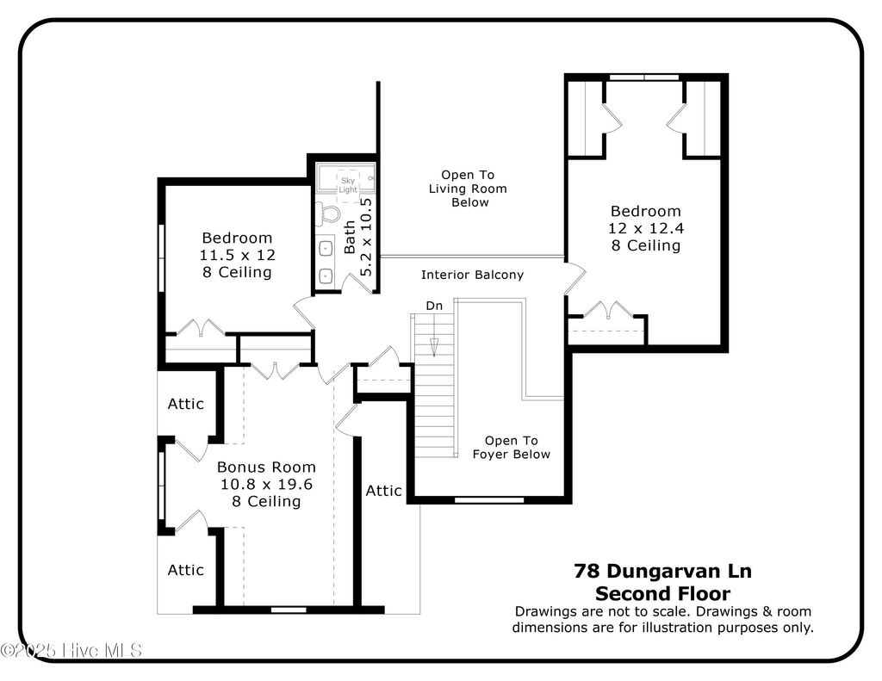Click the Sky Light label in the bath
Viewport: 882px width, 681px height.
pyautogui.click(x=348, y=184)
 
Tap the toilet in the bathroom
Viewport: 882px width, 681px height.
pyautogui.click(x=327, y=212)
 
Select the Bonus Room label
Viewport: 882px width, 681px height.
pyautogui.click(x=265, y=467)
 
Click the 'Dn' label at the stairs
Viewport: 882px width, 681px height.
pyautogui.click(x=434, y=306)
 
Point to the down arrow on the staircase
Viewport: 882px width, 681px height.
pyautogui.click(x=434, y=345)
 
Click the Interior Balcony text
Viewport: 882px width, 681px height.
pyautogui.click(x=472, y=275)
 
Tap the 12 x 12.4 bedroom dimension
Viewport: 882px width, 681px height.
pyautogui.click(x=645, y=228)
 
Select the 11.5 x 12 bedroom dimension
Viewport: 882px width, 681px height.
pyautogui.click(x=236, y=255)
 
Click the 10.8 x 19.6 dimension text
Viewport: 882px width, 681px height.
pyautogui.click(x=265, y=484)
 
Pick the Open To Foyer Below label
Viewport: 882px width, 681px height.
pyautogui.click(x=511, y=447)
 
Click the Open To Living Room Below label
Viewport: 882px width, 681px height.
pyautogui.click(x=468, y=189)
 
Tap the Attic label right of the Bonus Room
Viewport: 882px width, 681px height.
pyautogui.click(x=384, y=490)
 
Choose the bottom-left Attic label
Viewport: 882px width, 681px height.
pyautogui.click(x=185, y=569)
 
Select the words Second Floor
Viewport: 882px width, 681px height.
pyautogui.click(x=662, y=593)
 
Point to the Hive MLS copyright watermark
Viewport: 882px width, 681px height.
pyautogui.click(x=71, y=650)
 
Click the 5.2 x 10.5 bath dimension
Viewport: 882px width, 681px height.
pyautogui.click(x=365, y=237)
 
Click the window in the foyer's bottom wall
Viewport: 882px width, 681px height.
pyautogui.click(x=488, y=499)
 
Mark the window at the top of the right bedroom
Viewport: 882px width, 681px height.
pyautogui.click(x=644, y=77)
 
